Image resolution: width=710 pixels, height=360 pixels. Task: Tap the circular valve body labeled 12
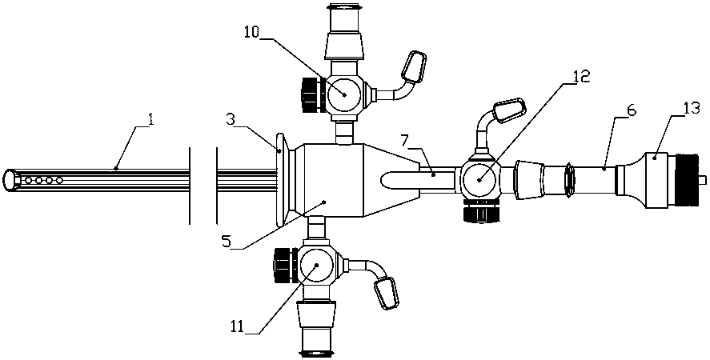pyautogui.click(x=479, y=178)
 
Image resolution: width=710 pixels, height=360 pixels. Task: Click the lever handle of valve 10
pyautogui.click(x=415, y=66)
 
